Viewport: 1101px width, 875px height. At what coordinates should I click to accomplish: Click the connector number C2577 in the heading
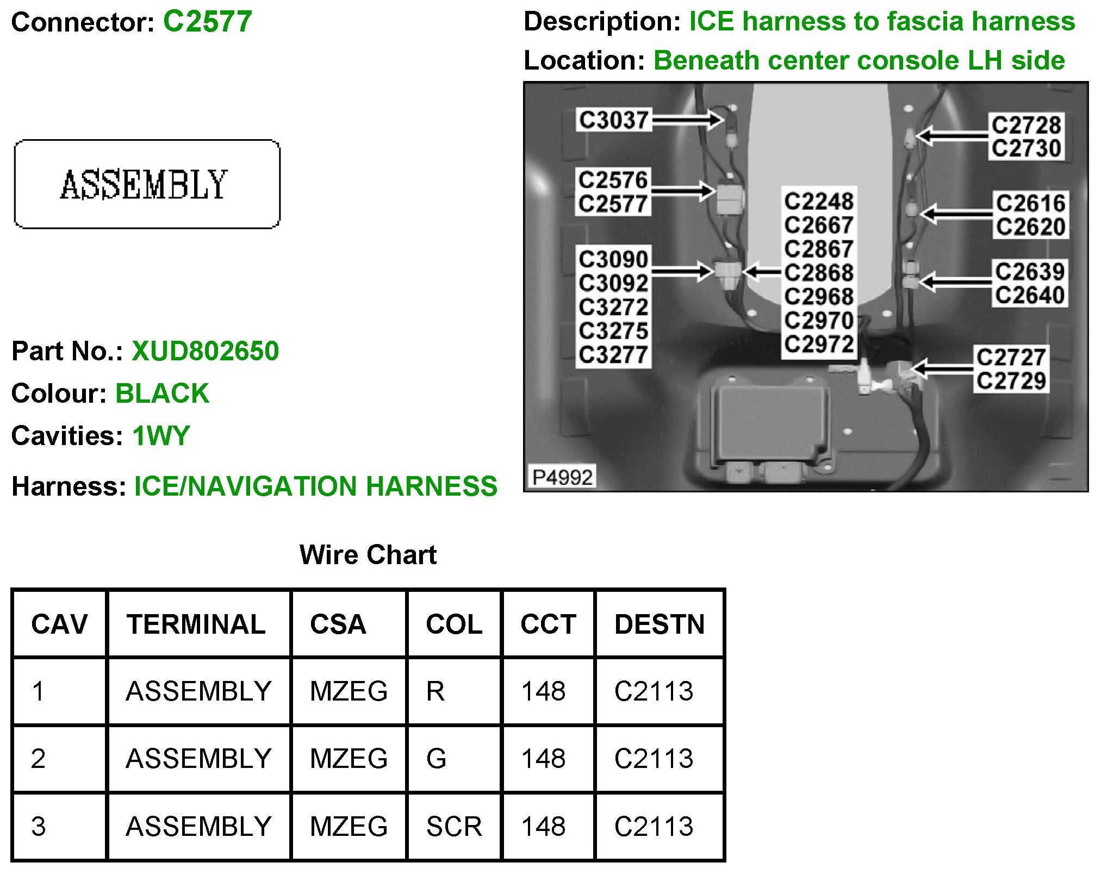[x=207, y=22]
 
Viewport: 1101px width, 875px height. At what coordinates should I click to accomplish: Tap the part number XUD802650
[x=205, y=351]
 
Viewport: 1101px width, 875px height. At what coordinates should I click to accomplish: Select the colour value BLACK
[x=162, y=393]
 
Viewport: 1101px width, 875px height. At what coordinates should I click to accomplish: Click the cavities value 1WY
[x=161, y=435]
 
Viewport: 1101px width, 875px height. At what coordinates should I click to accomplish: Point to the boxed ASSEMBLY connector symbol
[x=147, y=184]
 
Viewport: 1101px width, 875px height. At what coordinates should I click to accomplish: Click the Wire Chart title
[x=368, y=555]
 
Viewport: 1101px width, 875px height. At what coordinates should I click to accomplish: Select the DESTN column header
[x=659, y=624]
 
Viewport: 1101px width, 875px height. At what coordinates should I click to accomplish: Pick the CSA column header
[x=338, y=624]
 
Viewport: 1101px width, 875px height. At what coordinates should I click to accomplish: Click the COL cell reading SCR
[x=453, y=827]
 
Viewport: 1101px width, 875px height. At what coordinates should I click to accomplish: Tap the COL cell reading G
[x=436, y=759]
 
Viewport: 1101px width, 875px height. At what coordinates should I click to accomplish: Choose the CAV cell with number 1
[x=38, y=691]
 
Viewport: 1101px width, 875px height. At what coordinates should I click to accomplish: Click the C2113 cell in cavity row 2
[x=654, y=759]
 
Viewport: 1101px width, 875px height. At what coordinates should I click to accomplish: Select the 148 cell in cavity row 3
[x=543, y=827]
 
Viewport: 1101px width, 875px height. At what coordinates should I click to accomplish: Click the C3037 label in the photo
[x=613, y=120]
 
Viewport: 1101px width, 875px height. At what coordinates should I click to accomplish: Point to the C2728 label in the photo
[x=1025, y=125]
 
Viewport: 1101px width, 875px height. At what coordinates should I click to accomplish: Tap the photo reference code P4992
[x=562, y=477]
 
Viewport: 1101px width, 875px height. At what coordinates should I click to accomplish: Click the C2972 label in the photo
[x=818, y=344]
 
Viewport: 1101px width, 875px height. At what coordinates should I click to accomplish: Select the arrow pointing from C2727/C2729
[x=943, y=369]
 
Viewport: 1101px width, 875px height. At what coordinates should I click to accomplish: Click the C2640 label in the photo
[x=1029, y=295]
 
